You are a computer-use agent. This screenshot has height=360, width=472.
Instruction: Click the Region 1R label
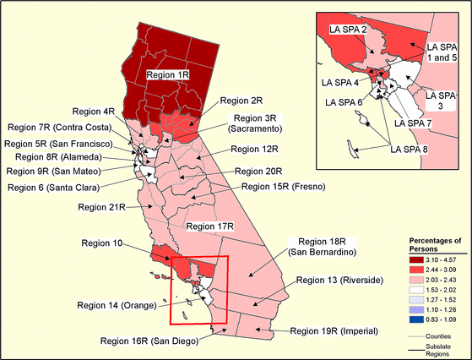[x=169, y=75]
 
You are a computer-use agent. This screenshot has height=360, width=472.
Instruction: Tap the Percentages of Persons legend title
[x=431, y=235]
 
